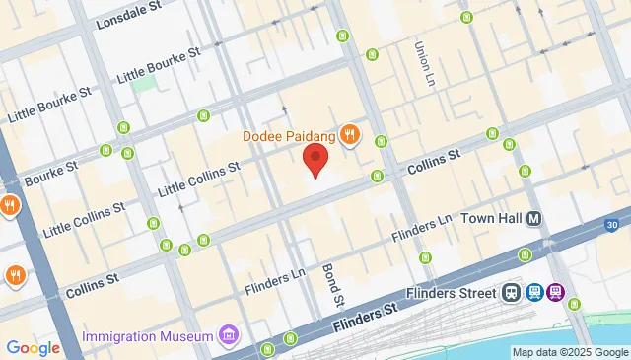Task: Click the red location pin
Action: point(315,160)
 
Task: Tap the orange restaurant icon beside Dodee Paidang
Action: point(349,134)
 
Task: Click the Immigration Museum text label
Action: point(148,337)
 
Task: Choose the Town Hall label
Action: point(490,219)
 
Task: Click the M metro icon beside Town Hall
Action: point(534,219)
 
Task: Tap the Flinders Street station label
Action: point(451,293)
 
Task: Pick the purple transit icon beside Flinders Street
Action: point(556,293)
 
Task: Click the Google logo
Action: point(33,347)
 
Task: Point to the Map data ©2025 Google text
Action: point(570,353)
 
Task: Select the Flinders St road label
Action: point(364,319)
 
